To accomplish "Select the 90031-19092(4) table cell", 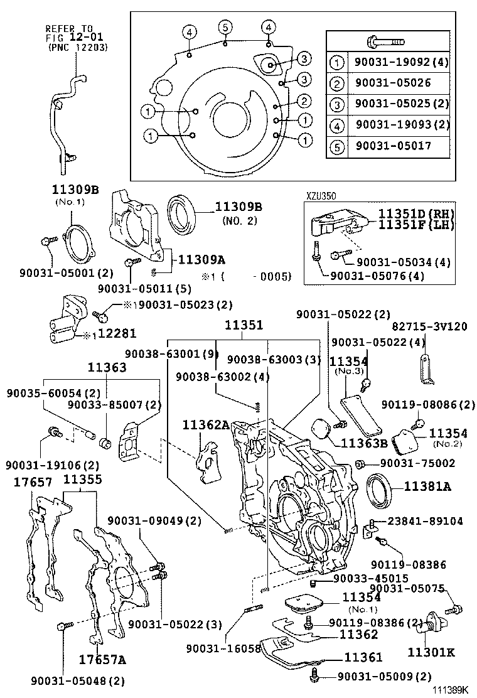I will pyautogui.click(x=402, y=62).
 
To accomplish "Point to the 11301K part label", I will pyautogui.click(x=432, y=652).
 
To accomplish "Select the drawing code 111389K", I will pyautogui.click(x=450, y=690).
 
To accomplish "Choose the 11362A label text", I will pyautogui.click(x=206, y=425).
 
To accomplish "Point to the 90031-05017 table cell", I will pyautogui.click(x=394, y=146).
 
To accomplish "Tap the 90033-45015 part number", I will pyautogui.click(x=371, y=578).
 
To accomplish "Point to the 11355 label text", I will pyautogui.click(x=83, y=480).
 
